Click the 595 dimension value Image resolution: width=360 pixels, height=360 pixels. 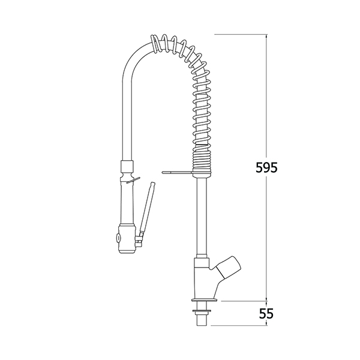[x=266, y=167]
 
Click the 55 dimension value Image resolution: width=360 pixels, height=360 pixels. [x=266, y=313]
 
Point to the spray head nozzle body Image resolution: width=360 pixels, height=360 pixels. [x=127, y=239]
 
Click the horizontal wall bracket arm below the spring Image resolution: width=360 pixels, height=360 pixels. [x=177, y=172]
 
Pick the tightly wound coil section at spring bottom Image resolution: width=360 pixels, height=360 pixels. [x=201, y=158]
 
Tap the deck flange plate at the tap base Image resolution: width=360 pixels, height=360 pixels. [x=204, y=300]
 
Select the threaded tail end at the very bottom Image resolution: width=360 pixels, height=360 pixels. [x=202, y=320]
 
